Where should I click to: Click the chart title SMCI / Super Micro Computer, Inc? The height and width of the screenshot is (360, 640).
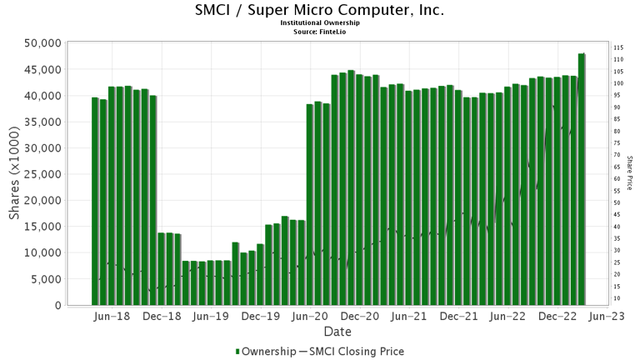click(x=320, y=11)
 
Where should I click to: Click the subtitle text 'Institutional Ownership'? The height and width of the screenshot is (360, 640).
click(x=320, y=23)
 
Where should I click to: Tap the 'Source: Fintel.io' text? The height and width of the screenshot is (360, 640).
click(x=320, y=31)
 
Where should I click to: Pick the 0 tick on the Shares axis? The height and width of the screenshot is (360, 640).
click(x=57, y=306)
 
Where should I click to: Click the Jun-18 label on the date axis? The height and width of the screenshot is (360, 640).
click(x=112, y=317)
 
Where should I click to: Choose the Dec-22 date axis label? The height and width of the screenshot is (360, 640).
click(x=557, y=317)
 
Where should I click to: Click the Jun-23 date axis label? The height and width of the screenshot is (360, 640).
click(x=607, y=317)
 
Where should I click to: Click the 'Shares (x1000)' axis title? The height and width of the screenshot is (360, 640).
click(x=14, y=174)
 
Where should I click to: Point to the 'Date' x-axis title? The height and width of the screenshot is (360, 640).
click(x=336, y=332)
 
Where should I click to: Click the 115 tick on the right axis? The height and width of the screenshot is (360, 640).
click(x=619, y=47)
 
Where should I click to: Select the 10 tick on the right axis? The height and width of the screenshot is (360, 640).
click(x=617, y=298)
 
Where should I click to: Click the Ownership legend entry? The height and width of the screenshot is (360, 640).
click(x=263, y=352)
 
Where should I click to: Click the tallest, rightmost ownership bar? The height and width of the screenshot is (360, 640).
click(x=581, y=179)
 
